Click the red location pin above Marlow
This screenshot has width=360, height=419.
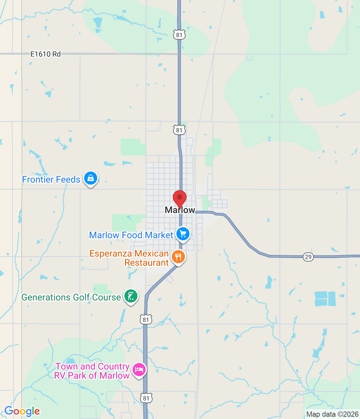pyautogui.click(x=180, y=198)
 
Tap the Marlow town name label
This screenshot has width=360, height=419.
pyautogui.click(x=180, y=210)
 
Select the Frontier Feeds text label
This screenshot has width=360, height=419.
pyautogui.click(x=51, y=180)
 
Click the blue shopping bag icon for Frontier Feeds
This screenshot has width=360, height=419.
pyautogui.click(x=91, y=178)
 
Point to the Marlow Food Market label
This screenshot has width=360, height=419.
pyautogui.click(x=131, y=235)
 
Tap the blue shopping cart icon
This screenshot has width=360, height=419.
pyautogui.click(x=183, y=234)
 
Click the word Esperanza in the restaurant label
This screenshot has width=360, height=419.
pyautogui.click(x=111, y=254)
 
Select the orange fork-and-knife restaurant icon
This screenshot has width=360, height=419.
pyautogui.click(x=178, y=257)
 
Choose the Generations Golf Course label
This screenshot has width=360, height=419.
pyautogui.click(x=71, y=297)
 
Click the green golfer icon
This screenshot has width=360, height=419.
pyautogui.click(x=131, y=297)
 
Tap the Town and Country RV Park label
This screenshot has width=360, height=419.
pyautogui.click(x=92, y=371)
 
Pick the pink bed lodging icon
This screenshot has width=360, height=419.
pyautogui.click(x=139, y=370)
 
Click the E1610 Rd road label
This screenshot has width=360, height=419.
pyautogui.click(x=45, y=54)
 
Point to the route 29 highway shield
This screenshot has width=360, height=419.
pyautogui.click(x=308, y=257)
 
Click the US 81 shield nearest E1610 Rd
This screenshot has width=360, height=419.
pyautogui.click(x=179, y=35)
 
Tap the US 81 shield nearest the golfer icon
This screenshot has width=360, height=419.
pyautogui.click(x=146, y=320)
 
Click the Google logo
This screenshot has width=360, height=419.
pyautogui.click(x=22, y=411)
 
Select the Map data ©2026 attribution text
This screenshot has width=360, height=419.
pyautogui.click(x=332, y=414)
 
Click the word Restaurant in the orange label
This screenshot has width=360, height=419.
pyautogui.click(x=147, y=263)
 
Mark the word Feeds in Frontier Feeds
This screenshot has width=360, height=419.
pyautogui.click(x=68, y=180)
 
